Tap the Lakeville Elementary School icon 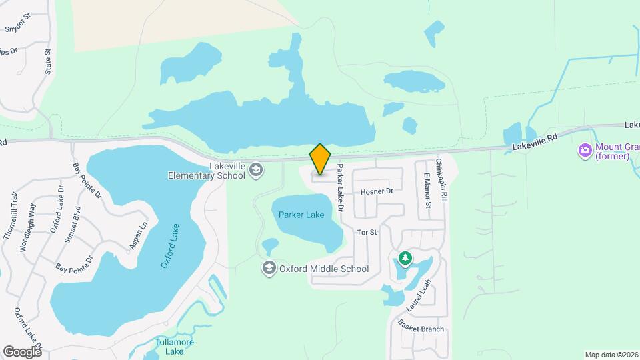pos(255,171)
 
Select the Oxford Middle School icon pos(269,268)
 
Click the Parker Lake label pos(301,215)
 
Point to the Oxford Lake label pos(171,246)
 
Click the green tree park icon pos(404,258)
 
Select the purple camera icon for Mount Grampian pos(586,150)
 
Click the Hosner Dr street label pos(377,191)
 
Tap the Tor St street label pos(367,233)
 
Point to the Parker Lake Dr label pos(340,188)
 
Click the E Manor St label pos(427,191)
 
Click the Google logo pos(22,351)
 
